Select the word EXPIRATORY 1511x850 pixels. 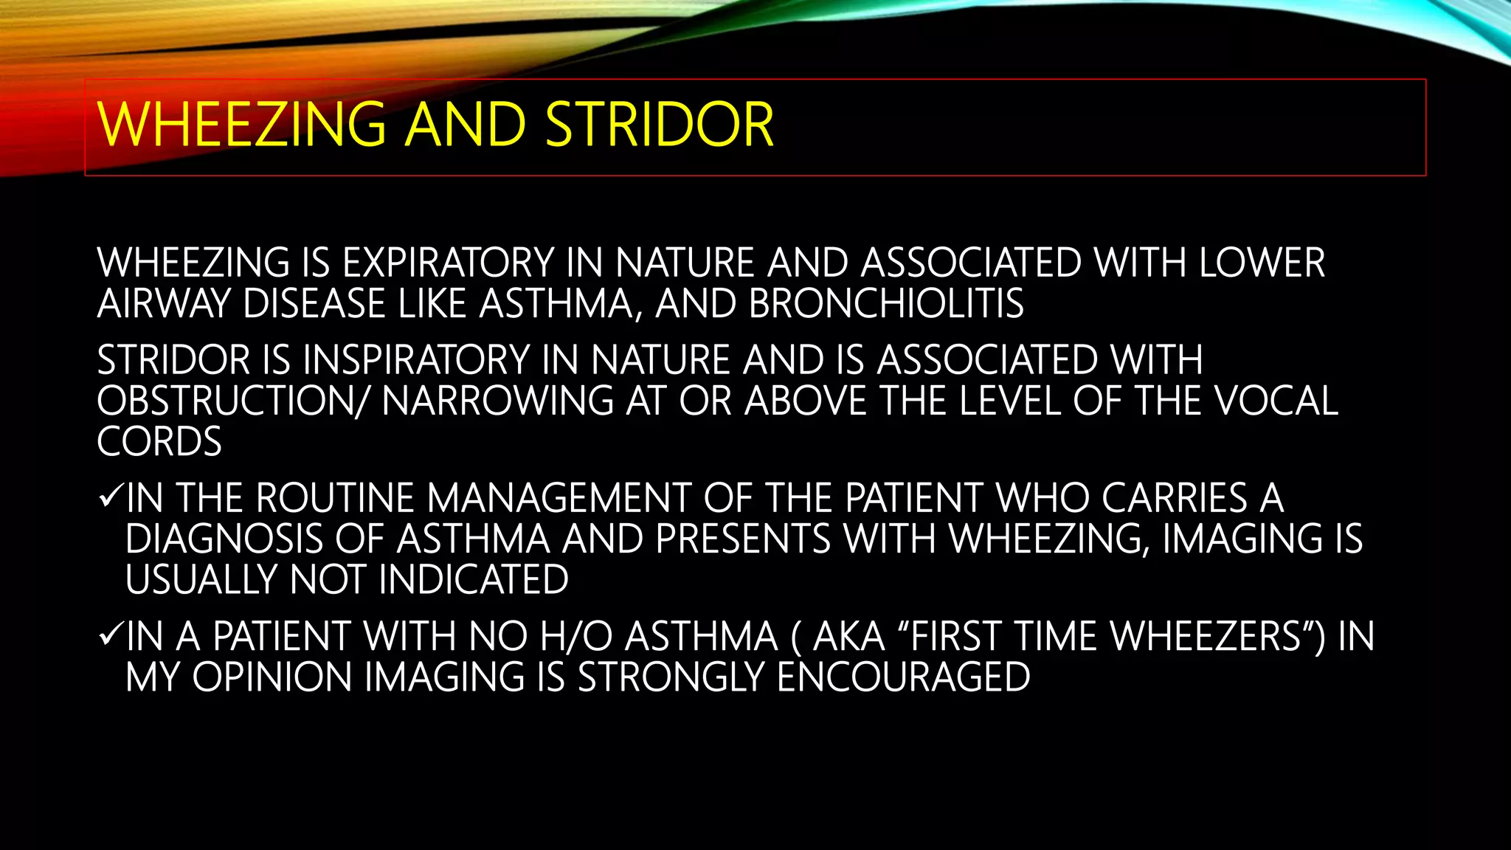tap(448, 263)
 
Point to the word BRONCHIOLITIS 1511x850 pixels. tap(885, 304)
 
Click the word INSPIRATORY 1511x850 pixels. tap(416, 361)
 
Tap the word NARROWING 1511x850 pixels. tap(497, 401)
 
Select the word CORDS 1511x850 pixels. tap(159, 442)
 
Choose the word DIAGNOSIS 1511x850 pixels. tap(224, 539)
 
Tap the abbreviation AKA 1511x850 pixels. tap(848, 637)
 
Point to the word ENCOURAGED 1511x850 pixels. tap(903, 677)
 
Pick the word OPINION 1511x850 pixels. tap(272, 677)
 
